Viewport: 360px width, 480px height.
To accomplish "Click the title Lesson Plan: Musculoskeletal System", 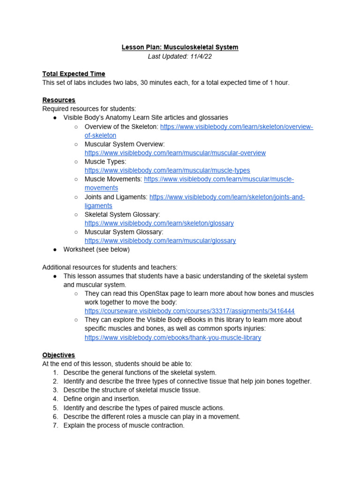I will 180,47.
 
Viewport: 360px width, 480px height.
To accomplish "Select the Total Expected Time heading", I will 74,74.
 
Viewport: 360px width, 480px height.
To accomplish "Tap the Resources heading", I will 59,100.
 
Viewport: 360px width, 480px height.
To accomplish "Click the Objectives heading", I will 59,355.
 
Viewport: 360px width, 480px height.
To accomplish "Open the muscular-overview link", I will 175,153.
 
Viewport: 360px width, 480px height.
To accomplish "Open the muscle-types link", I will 167,171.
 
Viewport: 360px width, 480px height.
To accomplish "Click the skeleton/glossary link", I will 159,224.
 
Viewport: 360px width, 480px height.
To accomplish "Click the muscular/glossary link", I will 160,241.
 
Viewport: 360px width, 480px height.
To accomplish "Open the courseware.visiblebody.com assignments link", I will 189,311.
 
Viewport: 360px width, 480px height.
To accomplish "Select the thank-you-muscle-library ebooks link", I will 172,337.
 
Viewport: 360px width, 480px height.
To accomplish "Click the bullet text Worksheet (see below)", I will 97,250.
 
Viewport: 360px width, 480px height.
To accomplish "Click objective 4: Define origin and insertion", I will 102,399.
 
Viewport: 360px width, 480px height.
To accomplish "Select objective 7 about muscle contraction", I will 124,426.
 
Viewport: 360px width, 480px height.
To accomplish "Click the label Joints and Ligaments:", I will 116,197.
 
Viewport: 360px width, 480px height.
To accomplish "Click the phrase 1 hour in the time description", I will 279,82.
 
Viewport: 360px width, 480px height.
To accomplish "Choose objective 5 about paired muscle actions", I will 144,408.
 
